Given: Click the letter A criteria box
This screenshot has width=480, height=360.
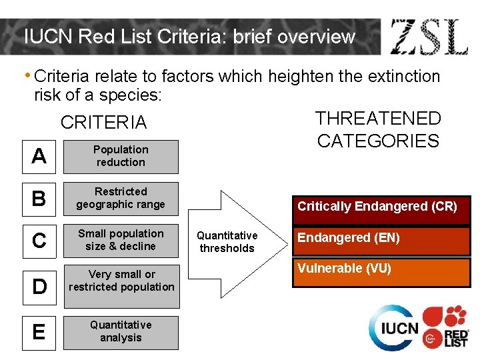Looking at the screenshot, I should [39, 156].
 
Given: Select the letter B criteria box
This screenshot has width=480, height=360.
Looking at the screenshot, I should [39, 199].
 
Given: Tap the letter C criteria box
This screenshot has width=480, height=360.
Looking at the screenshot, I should [39, 241].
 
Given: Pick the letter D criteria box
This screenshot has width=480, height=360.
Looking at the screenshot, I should [39, 286].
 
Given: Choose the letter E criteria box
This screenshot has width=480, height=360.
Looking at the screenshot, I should [39, 332].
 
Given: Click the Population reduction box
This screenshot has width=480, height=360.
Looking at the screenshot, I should [121, 156].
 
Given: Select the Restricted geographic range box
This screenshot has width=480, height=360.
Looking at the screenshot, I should [121, 199].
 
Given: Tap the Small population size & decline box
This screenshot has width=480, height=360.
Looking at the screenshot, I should [121, 240].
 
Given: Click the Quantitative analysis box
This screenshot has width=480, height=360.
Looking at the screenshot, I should [121, 331].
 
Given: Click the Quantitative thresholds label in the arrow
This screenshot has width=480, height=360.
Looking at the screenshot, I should [227, 242].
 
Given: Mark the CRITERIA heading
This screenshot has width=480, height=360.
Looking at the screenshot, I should [103, 123].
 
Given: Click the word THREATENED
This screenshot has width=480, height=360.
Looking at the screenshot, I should [378, 119].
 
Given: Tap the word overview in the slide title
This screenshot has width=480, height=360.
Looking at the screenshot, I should [316, 37].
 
